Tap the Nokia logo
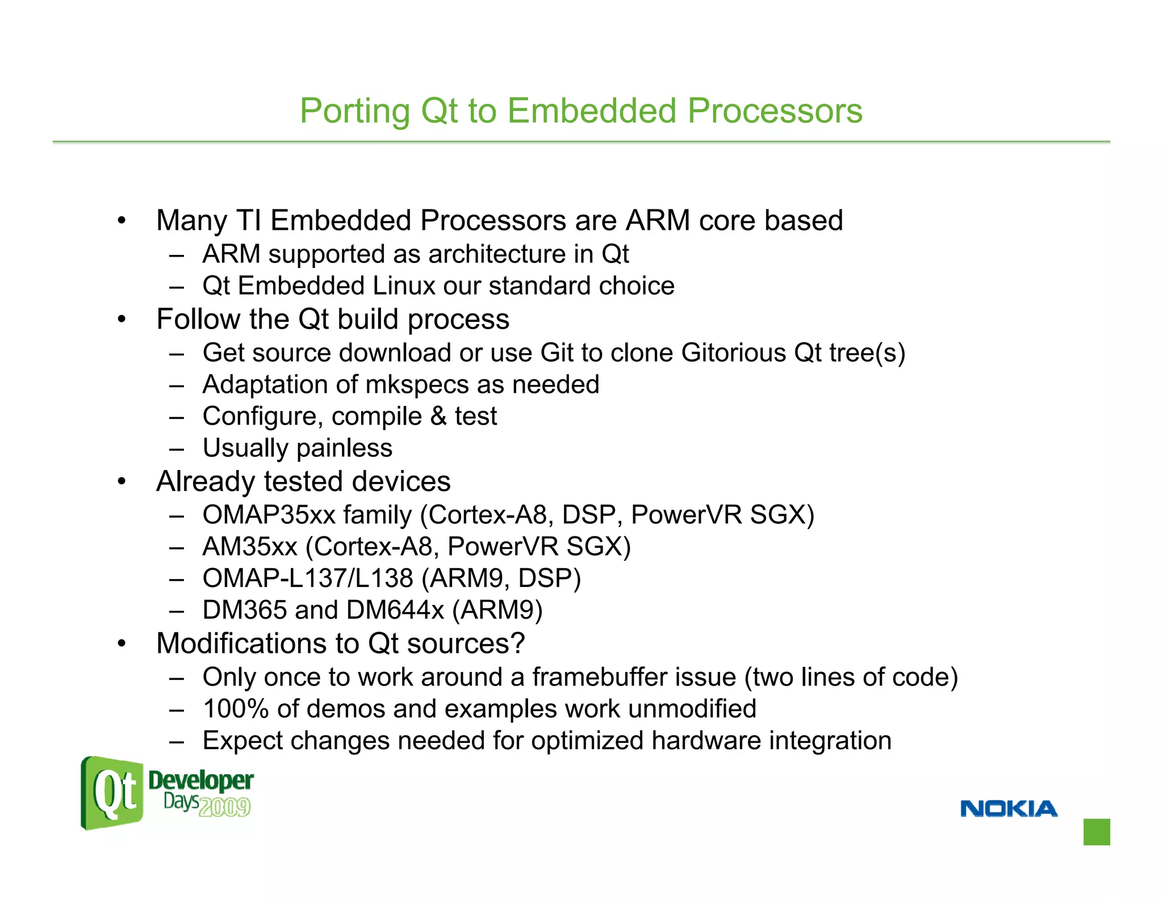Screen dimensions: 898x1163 [1009, 808]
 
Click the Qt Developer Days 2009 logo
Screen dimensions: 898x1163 [166, 793]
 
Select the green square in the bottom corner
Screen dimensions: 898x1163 [1096, 832]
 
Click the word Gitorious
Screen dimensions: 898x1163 [733, 353]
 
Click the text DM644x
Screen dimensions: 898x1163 [395, 610]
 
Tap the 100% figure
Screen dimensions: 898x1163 [236, 709]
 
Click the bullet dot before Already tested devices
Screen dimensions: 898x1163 [121, 482]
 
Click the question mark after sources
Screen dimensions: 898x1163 [517, 644]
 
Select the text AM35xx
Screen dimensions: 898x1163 [250, 547]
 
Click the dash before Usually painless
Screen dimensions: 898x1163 [177, 449]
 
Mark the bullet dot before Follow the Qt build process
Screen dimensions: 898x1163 [121, 320]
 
